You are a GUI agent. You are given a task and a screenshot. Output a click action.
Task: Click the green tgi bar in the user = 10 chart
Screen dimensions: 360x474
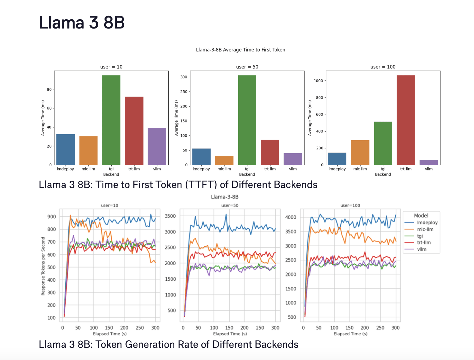111,120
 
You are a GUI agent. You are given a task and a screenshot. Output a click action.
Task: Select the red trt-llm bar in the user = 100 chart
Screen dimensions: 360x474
406,120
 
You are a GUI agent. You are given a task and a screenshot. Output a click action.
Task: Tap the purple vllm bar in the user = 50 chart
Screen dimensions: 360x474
293,159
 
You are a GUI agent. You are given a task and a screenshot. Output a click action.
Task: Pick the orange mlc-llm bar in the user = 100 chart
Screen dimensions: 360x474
360,152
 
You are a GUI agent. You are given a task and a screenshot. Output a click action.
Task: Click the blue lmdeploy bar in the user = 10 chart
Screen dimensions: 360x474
65,149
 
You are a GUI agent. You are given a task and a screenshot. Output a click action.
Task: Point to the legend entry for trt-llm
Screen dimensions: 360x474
424,242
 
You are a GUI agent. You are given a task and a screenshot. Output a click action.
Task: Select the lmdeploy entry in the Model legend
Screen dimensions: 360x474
427,222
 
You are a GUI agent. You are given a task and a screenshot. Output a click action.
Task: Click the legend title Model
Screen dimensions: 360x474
421,216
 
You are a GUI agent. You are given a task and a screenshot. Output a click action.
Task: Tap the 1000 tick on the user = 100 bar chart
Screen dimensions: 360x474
318,80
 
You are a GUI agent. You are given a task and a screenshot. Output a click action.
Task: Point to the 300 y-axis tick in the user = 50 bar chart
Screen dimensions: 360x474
184,77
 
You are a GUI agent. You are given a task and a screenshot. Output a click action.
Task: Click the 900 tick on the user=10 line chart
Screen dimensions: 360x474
51,217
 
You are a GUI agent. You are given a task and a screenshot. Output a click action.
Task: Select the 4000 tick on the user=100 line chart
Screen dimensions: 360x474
291,217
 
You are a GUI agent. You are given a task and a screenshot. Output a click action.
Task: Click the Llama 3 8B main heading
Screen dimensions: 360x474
82,23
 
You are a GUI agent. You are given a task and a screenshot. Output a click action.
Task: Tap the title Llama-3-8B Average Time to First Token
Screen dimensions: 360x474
240,50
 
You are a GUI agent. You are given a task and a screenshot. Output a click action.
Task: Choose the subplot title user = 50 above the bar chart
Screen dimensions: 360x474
247,67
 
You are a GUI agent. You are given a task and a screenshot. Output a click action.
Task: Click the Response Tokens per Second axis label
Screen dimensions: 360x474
43,266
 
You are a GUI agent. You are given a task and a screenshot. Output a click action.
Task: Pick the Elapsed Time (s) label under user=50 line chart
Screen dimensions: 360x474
230,334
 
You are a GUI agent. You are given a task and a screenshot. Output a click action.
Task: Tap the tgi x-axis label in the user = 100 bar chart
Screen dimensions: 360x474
383,169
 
